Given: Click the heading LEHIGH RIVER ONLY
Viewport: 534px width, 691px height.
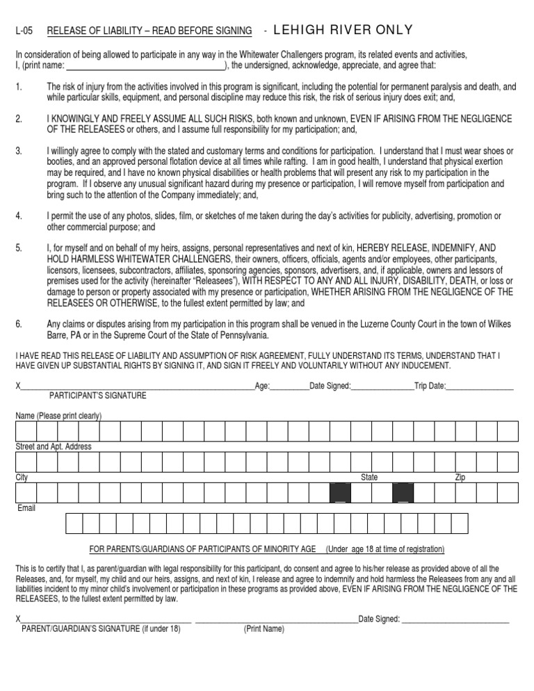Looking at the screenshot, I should (x=344, y=29).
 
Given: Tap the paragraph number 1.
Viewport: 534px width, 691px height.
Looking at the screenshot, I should (x=18, y=87).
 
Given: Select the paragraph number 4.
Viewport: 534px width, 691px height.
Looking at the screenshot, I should (x=19, y=216).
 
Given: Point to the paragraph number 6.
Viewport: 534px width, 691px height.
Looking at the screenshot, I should (x=19, y=323).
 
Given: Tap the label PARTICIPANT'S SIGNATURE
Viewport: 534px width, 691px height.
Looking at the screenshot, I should (x=98, y=396).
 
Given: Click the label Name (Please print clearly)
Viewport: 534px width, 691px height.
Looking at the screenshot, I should (x=58, y=416).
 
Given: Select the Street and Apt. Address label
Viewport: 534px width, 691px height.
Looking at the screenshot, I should (x=54, y=446).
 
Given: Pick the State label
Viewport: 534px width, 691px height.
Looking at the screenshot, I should (x=369, y=478).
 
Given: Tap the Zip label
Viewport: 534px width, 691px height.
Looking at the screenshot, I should (x=460, y=478).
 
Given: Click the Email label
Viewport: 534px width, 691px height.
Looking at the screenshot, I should (x=26, y=508).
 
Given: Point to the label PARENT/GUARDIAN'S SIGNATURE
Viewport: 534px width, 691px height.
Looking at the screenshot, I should (x=101, y=629).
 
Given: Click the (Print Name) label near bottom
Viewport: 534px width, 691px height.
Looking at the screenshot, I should (x=264, y=629).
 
